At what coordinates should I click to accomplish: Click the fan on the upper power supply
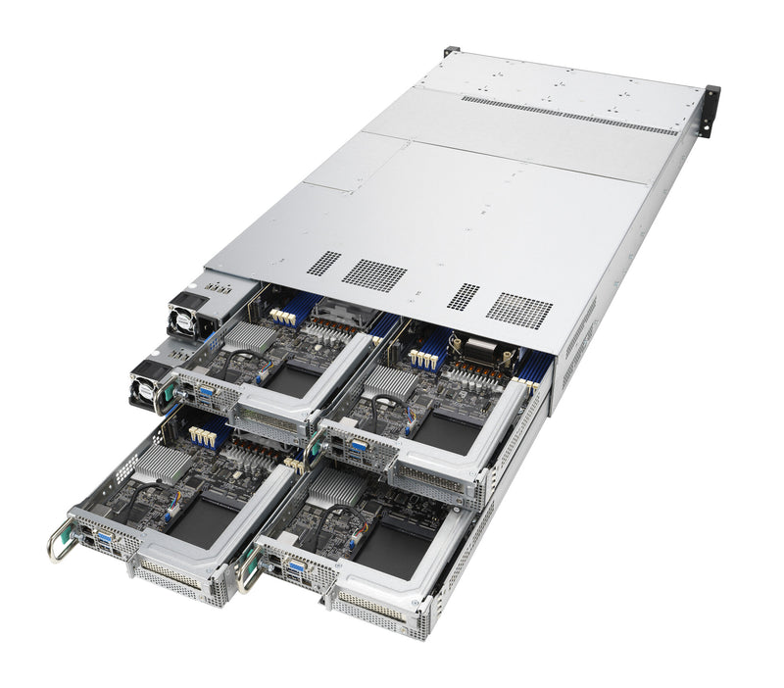(183, 319)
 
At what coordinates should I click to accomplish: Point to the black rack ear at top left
(450, 50)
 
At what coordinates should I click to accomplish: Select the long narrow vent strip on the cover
(568, 114)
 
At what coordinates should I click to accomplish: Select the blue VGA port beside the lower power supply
(206, 392)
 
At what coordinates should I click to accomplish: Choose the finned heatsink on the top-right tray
(392, 381)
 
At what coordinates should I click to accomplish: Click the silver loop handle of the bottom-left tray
(59, 544)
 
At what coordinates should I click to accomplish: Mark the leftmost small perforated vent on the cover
(323, 263)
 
